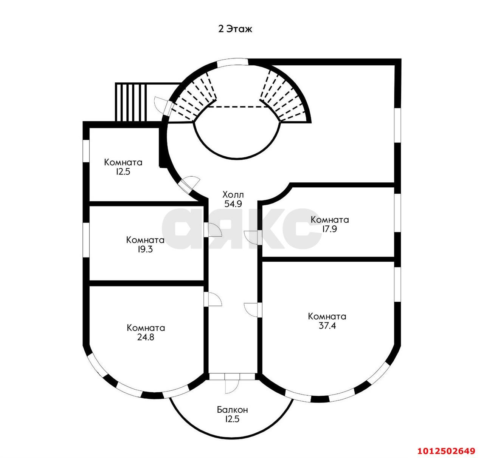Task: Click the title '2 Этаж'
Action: (x=235, y=29)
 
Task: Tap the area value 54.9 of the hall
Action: (x=233, y=204)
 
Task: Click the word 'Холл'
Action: (x=233, y=195)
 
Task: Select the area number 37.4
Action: (x=327, y=325)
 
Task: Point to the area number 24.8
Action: (x=146, y=337)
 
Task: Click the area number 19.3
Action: (x=145, y=249)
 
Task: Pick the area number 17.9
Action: (x=329, y=229)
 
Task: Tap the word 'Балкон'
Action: (x=232, y=409)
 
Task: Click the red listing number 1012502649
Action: (x=446, y=451)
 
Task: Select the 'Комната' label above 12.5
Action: (x=123, y=162)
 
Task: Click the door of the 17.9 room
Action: (x=253, y=237)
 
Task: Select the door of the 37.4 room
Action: (x=253, y=310)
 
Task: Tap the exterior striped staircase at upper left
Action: (x=131, y=102)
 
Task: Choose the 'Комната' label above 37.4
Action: (x=327, y=316)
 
